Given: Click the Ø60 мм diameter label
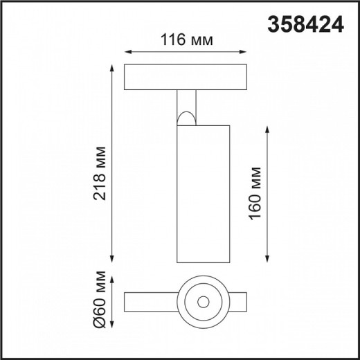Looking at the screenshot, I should click(x=101, y=303).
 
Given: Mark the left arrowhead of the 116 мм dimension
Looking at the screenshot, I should click(x=127, y=51).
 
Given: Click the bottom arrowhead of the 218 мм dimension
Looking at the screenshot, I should click(x=111, y=261).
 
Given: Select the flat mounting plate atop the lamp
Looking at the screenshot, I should click(x=186, y=78).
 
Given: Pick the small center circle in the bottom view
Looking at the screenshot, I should click(x=204, y=302).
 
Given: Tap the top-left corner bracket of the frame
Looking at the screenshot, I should click(x=8, y=8).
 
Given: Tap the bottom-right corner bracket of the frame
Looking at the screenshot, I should click(x=351, y=351).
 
